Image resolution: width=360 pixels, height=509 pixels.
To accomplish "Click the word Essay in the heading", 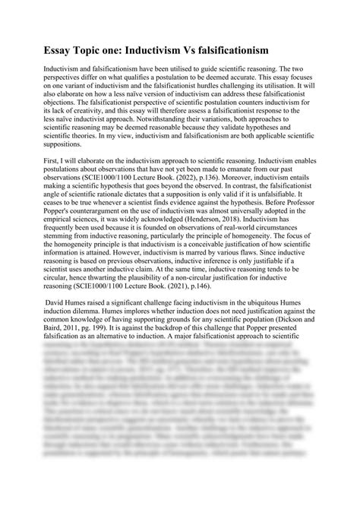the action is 37,49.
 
